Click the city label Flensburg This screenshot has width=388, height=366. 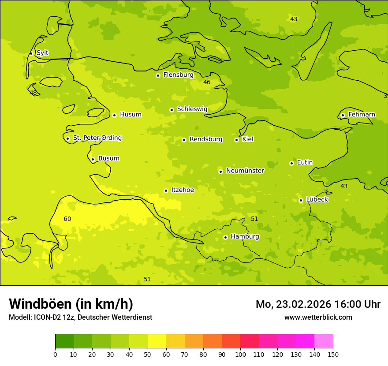click(178, 75)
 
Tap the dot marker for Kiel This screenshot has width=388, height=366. click(236, 140)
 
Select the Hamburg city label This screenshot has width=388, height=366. click(245, 237)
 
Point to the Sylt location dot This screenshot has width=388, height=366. click(31, 53)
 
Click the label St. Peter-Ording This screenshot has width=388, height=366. click(97, 138)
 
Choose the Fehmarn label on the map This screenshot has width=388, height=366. click(362, 115)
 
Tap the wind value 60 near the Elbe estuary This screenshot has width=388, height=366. click(67, 219)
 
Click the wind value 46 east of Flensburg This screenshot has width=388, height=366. click(207, 82)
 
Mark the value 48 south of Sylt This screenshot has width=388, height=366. click(33, 93)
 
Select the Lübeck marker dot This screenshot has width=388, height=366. click(301, 200)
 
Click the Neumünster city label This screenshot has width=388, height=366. click(245, 171)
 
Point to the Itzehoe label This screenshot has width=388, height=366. click(182, 190)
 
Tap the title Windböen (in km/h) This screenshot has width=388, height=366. click(71, 304)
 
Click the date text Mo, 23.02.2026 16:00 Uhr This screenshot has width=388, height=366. click(318, 304)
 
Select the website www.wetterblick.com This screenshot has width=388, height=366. click(318, 317)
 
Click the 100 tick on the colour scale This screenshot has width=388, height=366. click(240, 354)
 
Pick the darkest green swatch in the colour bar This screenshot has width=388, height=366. click(64, 341)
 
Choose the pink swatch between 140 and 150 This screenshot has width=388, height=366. click(324, 341)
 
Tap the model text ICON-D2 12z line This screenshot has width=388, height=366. click(80, 317)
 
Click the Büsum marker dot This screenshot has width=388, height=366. click(93, 159)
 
